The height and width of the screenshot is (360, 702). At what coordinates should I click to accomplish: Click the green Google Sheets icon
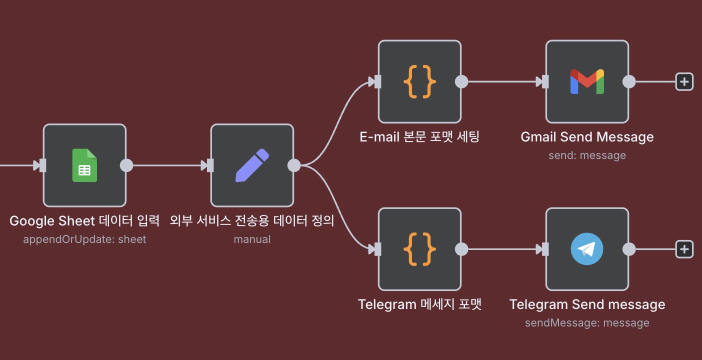(84, 165)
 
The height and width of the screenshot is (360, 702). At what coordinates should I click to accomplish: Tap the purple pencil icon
(252, 165)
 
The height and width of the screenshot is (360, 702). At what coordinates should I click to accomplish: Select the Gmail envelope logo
(587, 81)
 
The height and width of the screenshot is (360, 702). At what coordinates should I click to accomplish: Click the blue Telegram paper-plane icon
(587, 249)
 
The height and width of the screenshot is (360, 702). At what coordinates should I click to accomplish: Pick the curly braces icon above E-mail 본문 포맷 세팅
(419, 81)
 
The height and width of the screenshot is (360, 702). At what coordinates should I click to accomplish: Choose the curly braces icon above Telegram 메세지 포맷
(419, 249)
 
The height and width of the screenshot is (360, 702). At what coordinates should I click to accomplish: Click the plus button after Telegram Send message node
(684, 249)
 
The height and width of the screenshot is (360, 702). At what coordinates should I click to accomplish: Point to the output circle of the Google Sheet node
(126, 165)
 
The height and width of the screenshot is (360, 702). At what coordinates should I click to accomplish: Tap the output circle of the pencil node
(294, 165)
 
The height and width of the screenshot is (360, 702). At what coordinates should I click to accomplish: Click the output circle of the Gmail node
(629, 81)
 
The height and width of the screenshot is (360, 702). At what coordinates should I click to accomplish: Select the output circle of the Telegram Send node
(629, 249)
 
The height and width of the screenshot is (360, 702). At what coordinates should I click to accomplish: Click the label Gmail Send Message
(587, 137)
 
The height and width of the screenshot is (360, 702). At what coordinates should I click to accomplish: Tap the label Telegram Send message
(587, 304)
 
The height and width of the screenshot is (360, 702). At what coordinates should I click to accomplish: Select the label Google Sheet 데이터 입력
(84, 220)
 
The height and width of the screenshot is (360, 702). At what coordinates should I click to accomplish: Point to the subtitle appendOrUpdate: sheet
(84, 239)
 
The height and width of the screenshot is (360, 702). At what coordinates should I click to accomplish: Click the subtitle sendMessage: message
(587, 323)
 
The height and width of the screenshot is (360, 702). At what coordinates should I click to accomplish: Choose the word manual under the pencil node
(252, 239)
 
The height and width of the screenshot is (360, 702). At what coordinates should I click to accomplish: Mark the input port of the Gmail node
(545, 81)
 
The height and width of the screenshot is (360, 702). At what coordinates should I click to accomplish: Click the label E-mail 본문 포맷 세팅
(419, 137)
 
